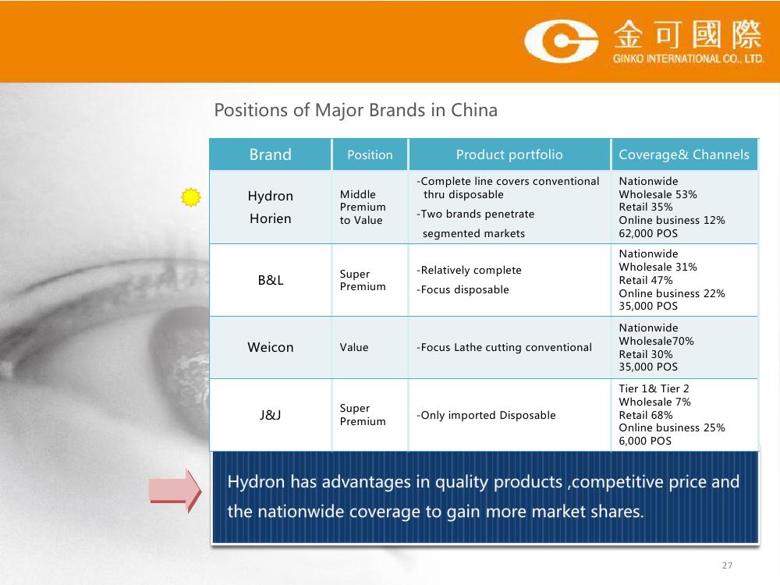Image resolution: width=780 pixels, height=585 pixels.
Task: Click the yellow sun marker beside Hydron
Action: point(190,197)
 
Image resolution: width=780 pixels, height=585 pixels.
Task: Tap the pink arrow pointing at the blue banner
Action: point(175,491)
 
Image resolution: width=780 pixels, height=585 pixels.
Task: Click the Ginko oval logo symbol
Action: point(562,41)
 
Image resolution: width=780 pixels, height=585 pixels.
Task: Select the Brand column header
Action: point(270,154)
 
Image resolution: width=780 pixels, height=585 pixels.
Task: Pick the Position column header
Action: point(370,155)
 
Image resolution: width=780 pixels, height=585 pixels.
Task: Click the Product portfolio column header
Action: point(509,154)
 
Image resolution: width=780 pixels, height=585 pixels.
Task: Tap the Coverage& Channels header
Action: point(683,154)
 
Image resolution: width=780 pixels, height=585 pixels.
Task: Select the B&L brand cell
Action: point(271,280)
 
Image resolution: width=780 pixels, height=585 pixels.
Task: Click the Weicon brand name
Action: point(270,347)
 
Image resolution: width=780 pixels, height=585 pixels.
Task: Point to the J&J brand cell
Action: point(270,415)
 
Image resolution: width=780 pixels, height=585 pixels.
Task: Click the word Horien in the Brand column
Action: point(270,219)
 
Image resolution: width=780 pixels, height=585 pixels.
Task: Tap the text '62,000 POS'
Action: point(648,233)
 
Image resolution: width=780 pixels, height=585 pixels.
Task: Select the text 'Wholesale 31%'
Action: point(658,267)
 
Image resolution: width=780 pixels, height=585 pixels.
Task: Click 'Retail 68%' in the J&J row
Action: point(645,415)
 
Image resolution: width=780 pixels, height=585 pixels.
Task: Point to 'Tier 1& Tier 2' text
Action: point(654,388)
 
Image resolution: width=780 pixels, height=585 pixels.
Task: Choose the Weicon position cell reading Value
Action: point(353,347)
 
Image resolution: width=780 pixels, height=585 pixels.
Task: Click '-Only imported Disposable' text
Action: point(486,416)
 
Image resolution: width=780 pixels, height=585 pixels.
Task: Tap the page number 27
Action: point(727,565)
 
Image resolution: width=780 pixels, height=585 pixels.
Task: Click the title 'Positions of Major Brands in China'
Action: point(356,110)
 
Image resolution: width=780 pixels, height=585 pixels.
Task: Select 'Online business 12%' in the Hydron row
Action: point(672,221)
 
